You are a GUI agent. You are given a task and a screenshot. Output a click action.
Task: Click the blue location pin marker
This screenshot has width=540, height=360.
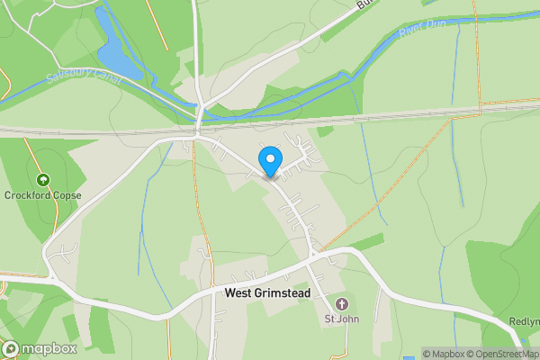[269, 162]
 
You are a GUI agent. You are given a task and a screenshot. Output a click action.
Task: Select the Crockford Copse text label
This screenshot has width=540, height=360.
[42, 195]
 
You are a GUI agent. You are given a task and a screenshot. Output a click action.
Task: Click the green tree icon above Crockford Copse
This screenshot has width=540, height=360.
[42, 179]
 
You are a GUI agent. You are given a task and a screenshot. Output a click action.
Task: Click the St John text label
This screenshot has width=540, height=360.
[341, 319]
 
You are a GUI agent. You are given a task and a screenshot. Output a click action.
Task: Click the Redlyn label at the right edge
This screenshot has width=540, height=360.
[524, 322]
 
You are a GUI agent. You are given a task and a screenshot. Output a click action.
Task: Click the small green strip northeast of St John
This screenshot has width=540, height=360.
[366, 241]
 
